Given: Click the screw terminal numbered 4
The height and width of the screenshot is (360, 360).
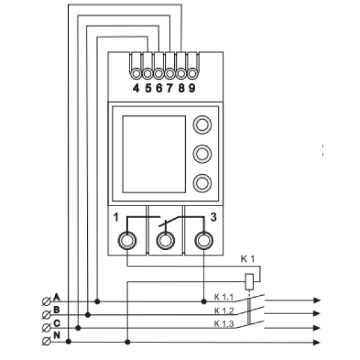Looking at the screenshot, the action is coord(136,74).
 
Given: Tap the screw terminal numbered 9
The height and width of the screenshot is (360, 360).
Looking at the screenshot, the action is coord(192,74).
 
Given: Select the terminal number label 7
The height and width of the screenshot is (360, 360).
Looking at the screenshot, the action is coord(170,88).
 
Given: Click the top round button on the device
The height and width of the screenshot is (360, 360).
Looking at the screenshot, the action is coord(202,124).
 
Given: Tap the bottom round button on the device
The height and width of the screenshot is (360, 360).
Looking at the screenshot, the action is coord(202,183).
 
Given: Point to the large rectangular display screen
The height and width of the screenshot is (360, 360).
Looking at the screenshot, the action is coord(154,154).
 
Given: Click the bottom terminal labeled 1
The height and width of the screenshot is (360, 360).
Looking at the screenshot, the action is coord(127,241).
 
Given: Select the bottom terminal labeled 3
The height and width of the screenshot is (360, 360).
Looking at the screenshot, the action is coord(204,241).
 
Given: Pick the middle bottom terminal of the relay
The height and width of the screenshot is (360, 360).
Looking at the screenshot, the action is coord(166,241).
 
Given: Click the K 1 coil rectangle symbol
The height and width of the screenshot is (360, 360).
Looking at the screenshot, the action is coord(249,281).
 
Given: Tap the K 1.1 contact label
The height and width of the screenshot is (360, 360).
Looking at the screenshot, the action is coord(224,297).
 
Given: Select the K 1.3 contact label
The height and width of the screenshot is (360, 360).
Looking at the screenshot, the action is coord(224,324).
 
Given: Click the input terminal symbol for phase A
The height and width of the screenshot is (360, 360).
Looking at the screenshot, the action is coord(46,302).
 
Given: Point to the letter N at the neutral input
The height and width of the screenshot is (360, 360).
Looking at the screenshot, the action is coord(57,335).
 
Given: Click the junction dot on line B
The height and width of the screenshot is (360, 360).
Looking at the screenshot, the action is coord(88,315).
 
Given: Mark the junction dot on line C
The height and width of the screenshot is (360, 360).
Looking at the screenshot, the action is coord(78,328).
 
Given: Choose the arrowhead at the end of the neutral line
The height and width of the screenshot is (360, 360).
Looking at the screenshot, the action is coord(317,342).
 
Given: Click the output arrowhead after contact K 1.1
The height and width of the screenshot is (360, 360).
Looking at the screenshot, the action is coord(317,300).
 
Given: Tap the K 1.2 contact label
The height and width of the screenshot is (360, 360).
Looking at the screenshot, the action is coord(224,311).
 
